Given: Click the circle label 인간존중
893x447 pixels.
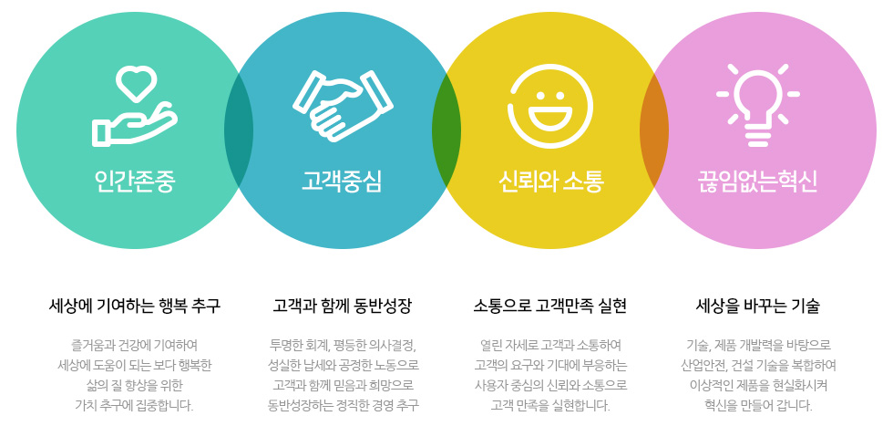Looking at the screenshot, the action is click(x=135, y=182).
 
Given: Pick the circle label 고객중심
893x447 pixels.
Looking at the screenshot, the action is click(x=342, y=182).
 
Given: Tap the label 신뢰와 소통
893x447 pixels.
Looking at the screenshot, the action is click(x=550, y=182).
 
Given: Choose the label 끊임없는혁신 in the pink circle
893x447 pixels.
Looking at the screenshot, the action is click(x=757, y=182).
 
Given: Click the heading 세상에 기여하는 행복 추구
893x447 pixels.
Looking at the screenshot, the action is click(x=135, y=307).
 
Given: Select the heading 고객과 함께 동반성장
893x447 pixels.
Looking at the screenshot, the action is click(x=342, y=307).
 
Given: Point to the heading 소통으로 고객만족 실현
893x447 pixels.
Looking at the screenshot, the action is click(x=550, y=307).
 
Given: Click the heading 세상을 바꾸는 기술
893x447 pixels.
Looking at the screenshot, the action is click(x=757, y=307).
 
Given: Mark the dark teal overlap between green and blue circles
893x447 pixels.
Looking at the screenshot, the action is click(x=239, y=130).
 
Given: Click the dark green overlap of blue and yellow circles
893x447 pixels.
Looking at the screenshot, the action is click(x=446, y=130).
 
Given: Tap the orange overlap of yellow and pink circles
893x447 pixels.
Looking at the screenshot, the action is click(x=654, y=130).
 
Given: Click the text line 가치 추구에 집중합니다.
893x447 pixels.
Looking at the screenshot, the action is click(x=135, y=406).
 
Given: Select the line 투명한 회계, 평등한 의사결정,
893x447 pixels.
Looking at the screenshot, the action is click(x=343, y=346).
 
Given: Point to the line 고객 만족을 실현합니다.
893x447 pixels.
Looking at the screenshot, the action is click(x=550, y=406).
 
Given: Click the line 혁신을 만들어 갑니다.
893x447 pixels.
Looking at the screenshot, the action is click(x=758, y=406).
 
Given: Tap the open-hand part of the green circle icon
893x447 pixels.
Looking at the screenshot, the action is click(x=135, y=125).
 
